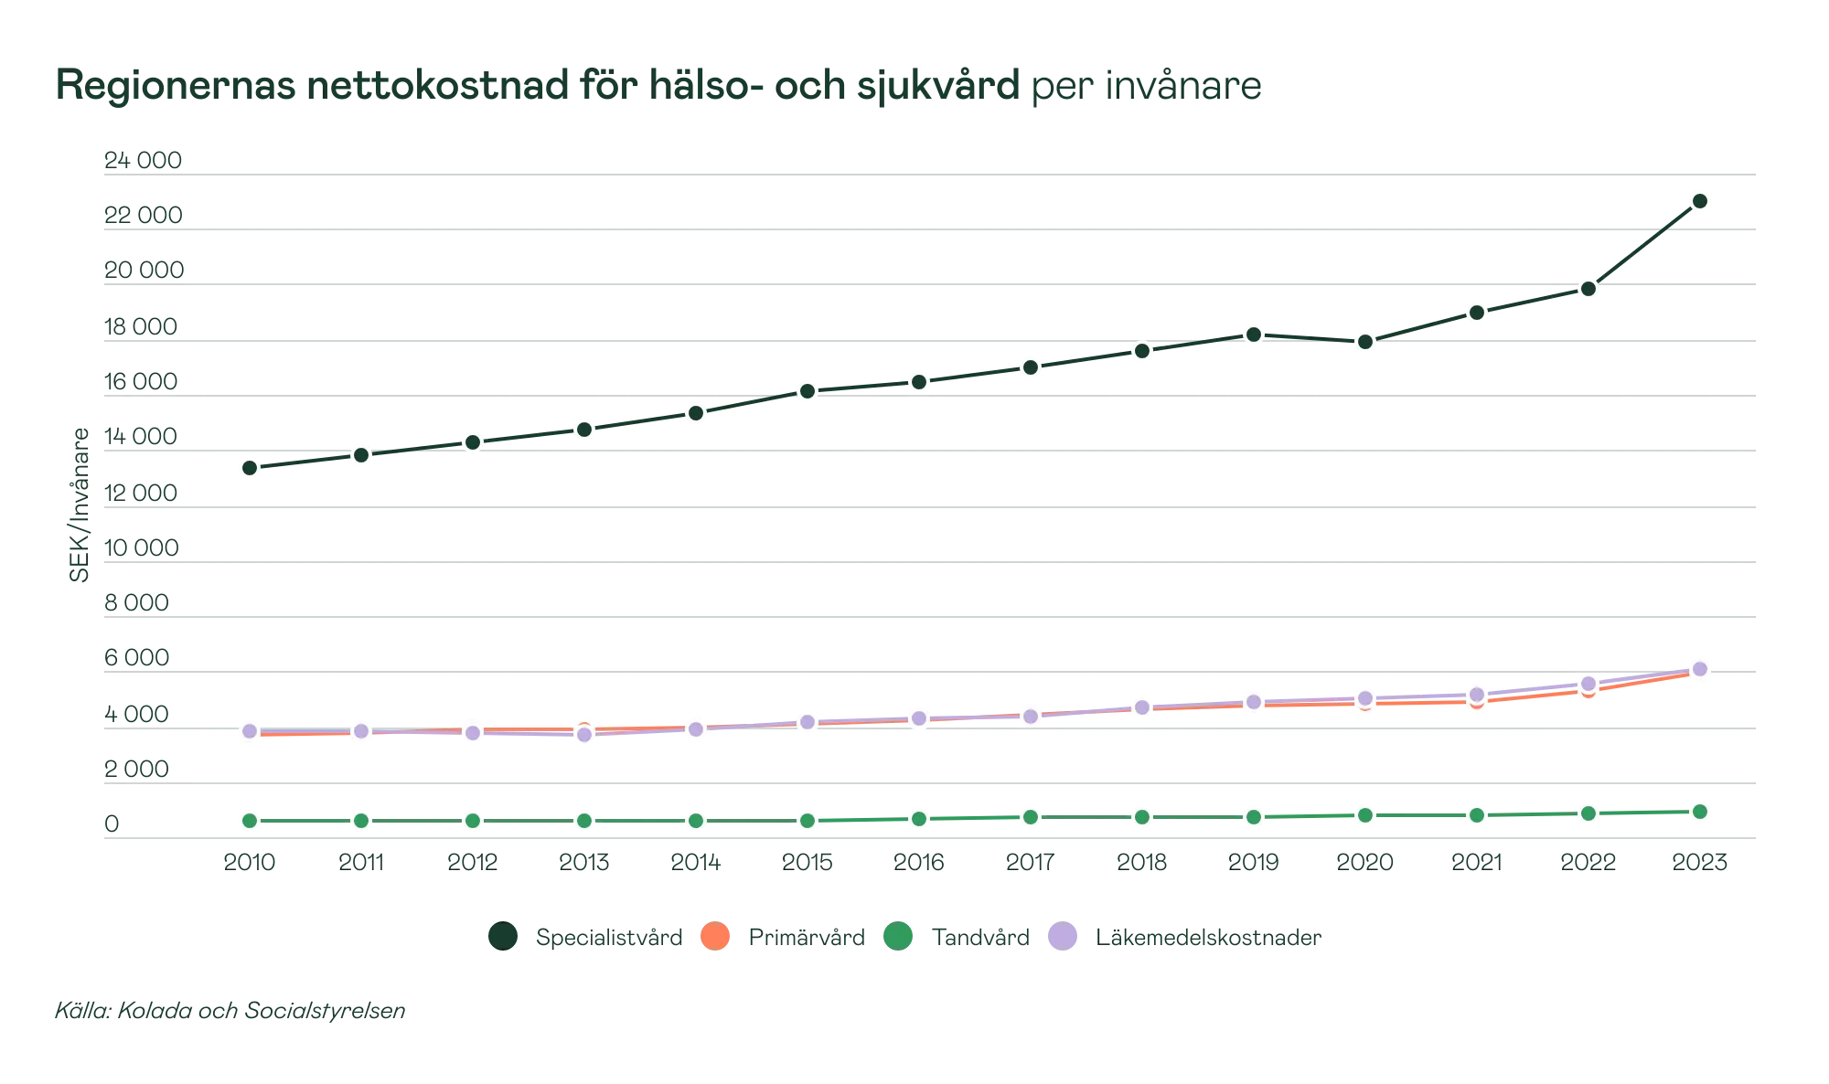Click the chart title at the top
(658, 86)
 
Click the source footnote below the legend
(230, 1012)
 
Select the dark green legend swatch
(502, 936)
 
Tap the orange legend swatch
(716, 936)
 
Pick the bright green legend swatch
(899, 936)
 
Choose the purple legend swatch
(1062, 936)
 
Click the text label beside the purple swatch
(1208, 937)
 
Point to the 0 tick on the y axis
(112, 824)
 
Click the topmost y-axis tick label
(143, 161)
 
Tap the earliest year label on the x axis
(249, 860)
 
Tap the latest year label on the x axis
(1699, 860)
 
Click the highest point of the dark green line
(1699, 201)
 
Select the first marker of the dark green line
(249, 468)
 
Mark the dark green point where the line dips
(1364, 343)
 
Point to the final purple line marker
(1699, 669)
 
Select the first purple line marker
(249, 730)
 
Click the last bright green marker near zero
(1699, 812)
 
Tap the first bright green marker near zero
(249, 821)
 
